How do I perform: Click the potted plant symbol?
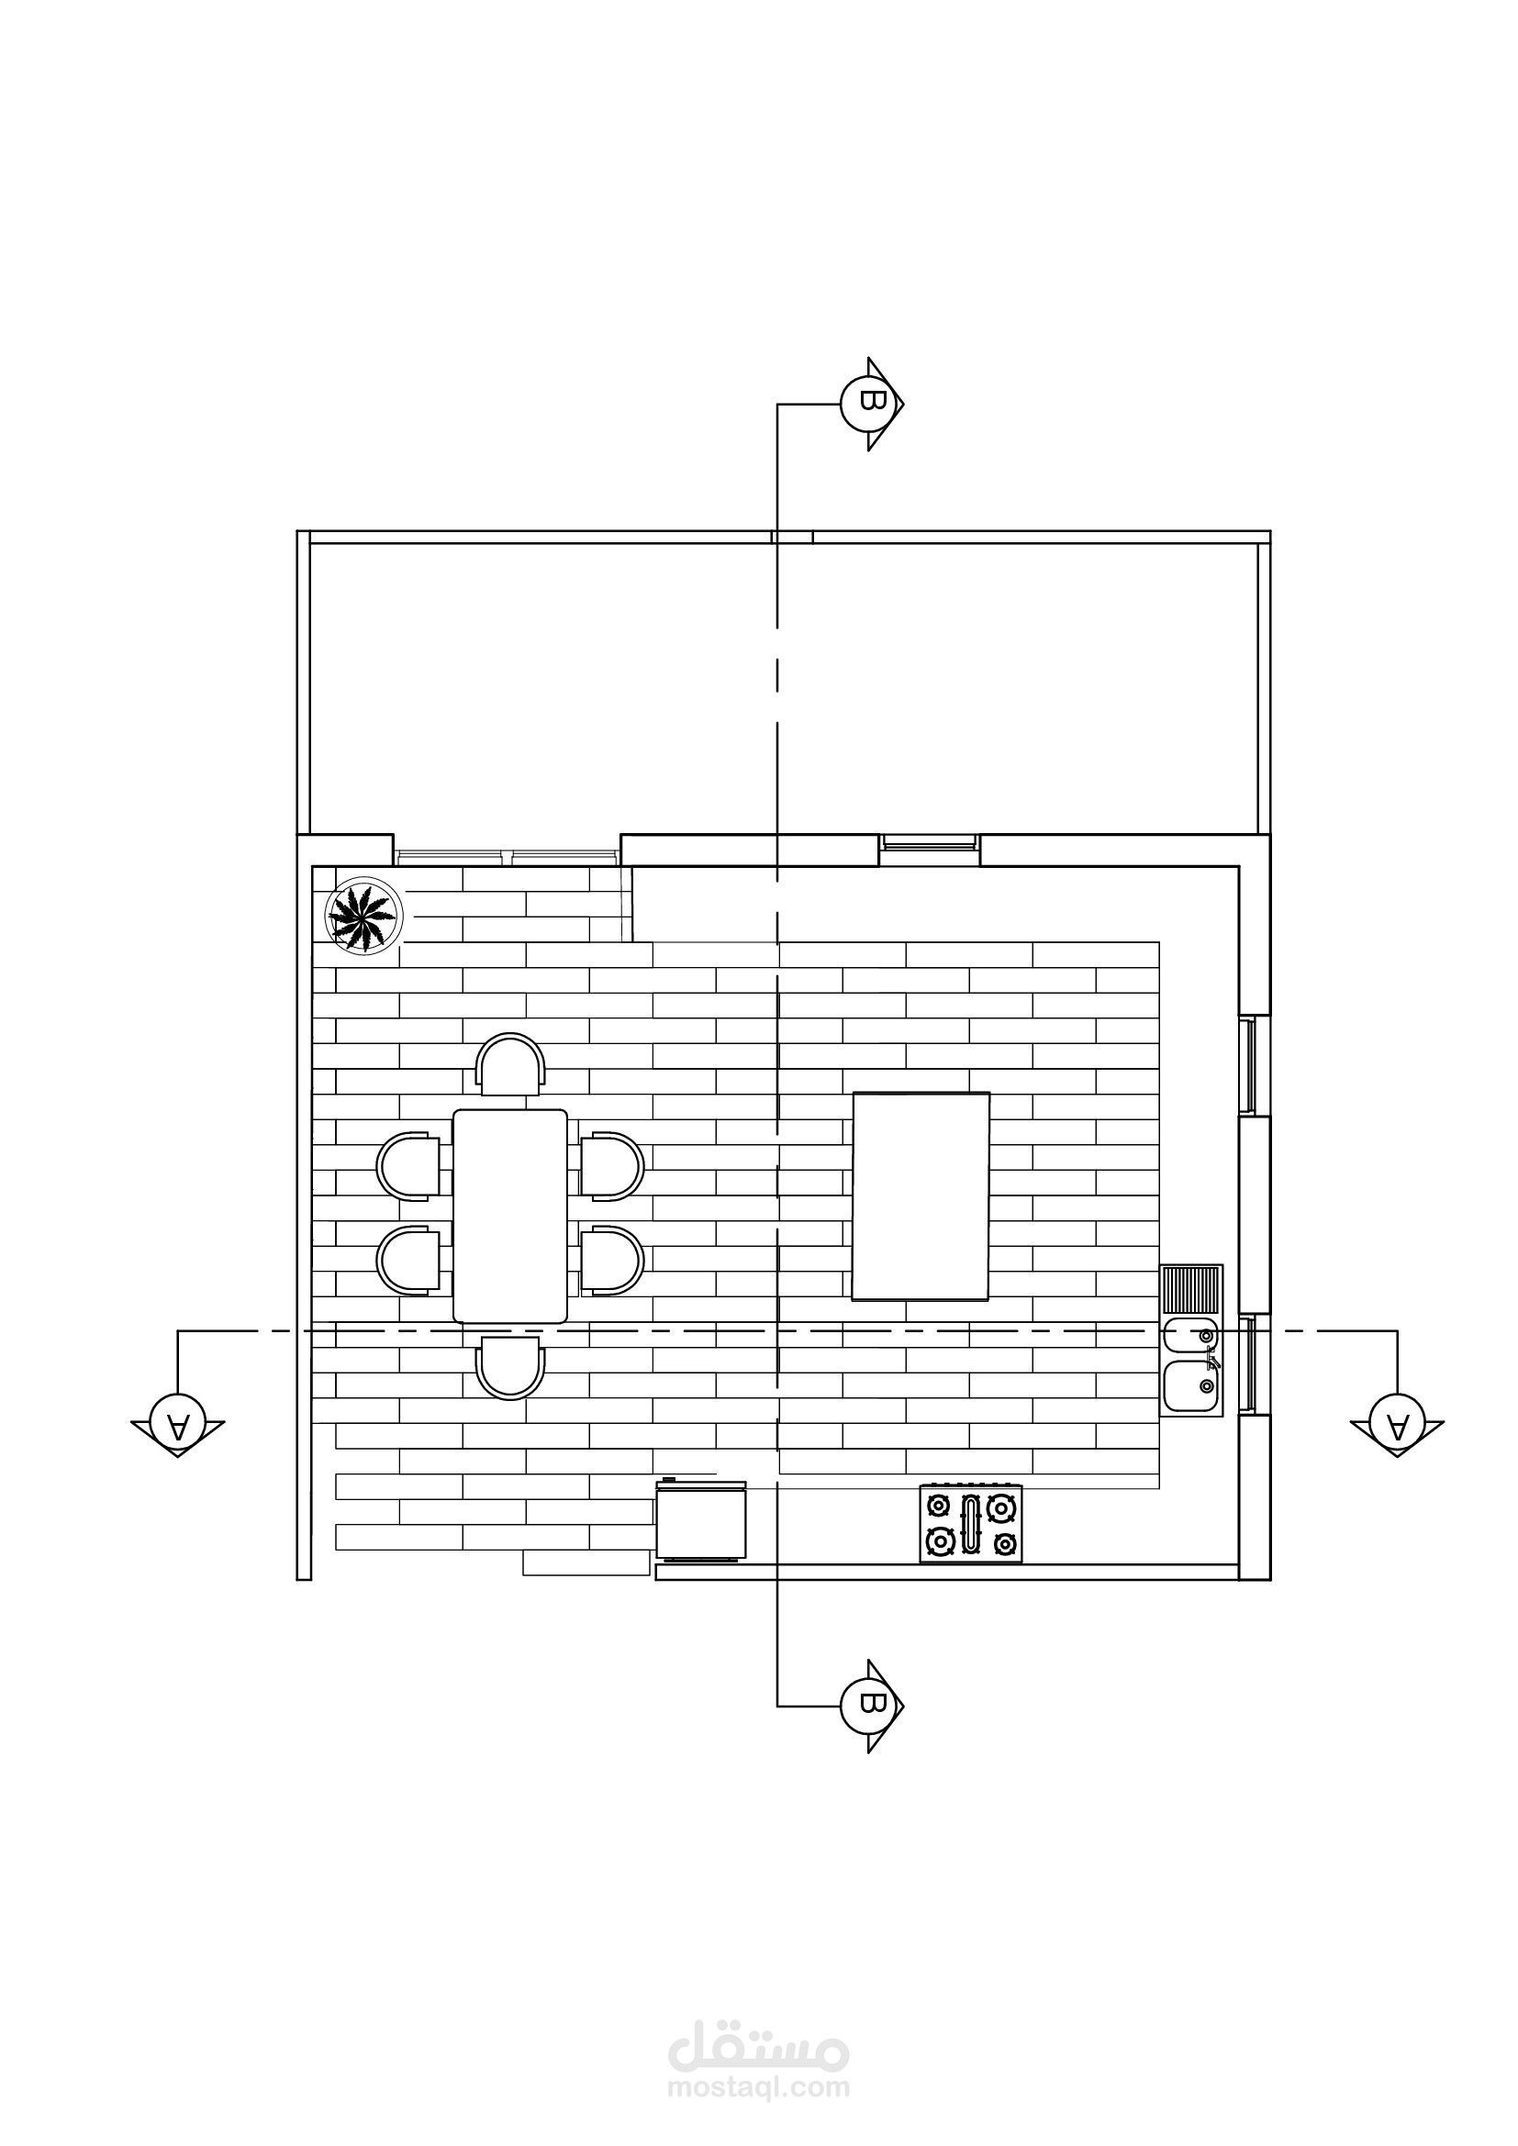pos(363,916)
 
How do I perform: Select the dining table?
pos(509,1215)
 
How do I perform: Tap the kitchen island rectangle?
pos(921,1195)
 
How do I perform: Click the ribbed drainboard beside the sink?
pos(1191,1289)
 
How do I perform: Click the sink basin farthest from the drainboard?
pos(1191,1384)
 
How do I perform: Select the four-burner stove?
pos(970,1523)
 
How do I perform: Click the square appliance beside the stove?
pos(701,1520)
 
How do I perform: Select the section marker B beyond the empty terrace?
pos(872,403)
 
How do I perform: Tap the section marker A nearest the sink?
pos(1397,1425)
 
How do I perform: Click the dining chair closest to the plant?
pos(509,1063)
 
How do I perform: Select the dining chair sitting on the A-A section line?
pos(509,1367)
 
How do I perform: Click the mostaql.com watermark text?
pos(759,2086)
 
